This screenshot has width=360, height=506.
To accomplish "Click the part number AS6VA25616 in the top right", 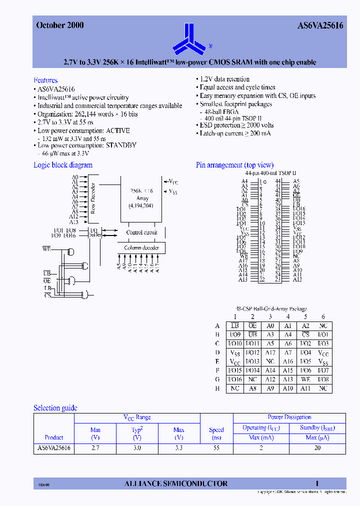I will tap(317, 25).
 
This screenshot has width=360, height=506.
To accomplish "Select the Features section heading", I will tap(45, 80).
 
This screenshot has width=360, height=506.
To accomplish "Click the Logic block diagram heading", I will tap(63, 165).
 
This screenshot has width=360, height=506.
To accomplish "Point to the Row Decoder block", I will tap(92, 198).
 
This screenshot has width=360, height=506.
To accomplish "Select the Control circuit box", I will tap(141, 232).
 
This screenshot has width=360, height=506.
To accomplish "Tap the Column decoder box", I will tap(141, 247).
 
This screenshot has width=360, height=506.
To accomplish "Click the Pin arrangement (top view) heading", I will tap(234, 165).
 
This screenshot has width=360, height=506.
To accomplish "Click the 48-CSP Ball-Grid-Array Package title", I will tap(271, 309).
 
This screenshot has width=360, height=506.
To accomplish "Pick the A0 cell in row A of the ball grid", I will tap(270, 325).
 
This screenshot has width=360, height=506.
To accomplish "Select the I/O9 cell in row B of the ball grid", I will tap(235, 334).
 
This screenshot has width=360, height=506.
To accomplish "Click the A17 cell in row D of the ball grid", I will tap(270, 352).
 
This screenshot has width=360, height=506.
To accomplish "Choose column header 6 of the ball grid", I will tap(323, 316).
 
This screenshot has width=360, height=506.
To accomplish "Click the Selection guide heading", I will tap(55, 408).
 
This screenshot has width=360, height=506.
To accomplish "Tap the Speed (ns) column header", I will tap(216, 432).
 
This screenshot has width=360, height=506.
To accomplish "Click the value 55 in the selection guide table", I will tap(216, 448).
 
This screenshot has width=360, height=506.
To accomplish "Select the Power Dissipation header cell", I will tap(289, 417).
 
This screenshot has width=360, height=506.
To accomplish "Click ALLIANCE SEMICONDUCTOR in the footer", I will tap(175, 483).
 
